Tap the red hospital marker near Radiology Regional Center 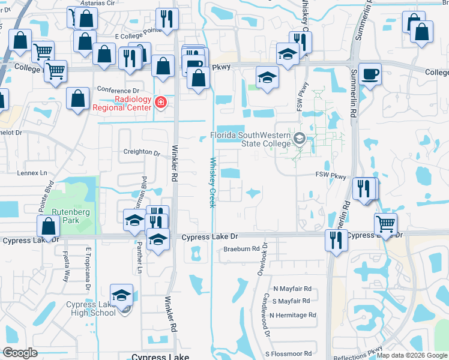[x=160, y=103]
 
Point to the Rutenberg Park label [x=65, y=216]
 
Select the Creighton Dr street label [x=141, y=152]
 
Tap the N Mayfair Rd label [x=292, y=289]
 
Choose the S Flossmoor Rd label [x=292, y=354]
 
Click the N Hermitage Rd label [x=293, y=315]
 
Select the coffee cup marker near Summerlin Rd [x=370, y=75]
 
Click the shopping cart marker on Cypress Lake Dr [x=386, y=225]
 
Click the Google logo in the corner [x=20, y=353]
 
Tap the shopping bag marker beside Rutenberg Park [x=48, y=227]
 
